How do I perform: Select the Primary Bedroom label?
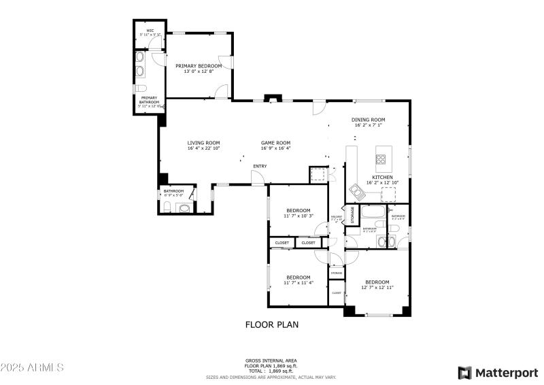click(199, 66)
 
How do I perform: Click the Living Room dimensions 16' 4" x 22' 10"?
click(204, 148)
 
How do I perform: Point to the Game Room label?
click(275, 143)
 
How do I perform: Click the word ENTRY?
click(260, 167)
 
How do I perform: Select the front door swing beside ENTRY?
click(257, 178)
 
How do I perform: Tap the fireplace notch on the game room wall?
click(273, 99)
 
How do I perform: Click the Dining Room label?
click(368, 120)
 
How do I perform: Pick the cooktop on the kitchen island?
click(381, 161)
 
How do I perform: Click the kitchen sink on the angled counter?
click(356, 188)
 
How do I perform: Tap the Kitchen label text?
click(381, 177)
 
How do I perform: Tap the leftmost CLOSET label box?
click(282, 243)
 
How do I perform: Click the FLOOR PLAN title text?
click(271, 324)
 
